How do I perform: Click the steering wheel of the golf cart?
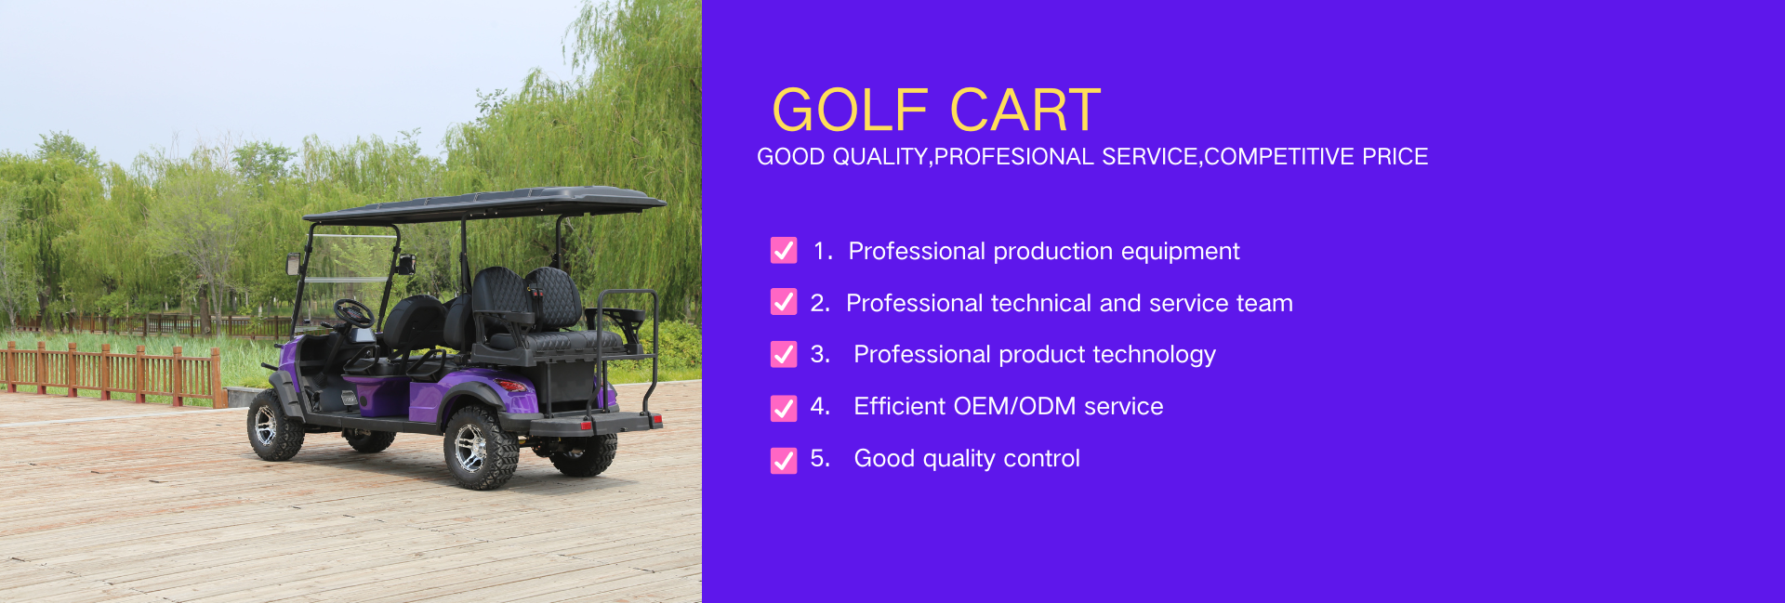(x=354, y=313)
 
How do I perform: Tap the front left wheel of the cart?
(x=273, y=425)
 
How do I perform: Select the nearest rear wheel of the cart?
(x=480, y=447)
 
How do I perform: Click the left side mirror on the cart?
(x=293, y=264)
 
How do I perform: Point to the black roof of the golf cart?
(x=484, y=203)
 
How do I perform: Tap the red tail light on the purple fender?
(x=511, y=385)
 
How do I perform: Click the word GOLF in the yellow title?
(x=850, y=111)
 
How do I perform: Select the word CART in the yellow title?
(x=1025, y=111)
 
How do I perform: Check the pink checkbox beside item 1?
(x=784, y=251)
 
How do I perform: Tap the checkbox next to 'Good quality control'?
(x=784, y=460)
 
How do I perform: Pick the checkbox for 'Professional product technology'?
(x=784, y=354)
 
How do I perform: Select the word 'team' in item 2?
(x=1264, y=304)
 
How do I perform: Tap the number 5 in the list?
(x=818, y=458)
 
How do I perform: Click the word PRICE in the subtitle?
(x=1395, y=156)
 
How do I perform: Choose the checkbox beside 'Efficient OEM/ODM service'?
(x=784, y=408)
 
